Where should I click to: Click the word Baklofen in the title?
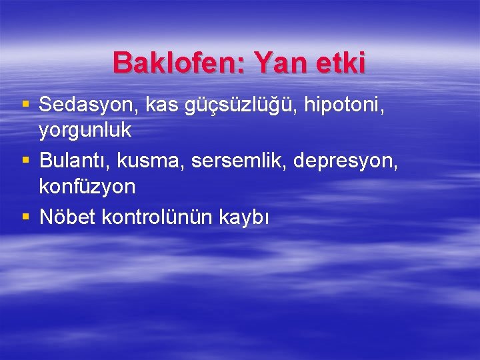pyautogui.click(x=171, y=63)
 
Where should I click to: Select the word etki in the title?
pyautogui.click(x=341, y=63)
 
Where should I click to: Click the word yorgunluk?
pyautogui.click(x=85, y=131)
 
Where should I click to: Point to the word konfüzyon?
pyautogui.click(x=87, y=187)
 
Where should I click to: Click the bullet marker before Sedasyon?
pyautogui.click(x=26, y=105)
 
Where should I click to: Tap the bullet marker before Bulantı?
pyautogui.click(x=26, y=161)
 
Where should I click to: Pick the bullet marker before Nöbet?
pyautogui.click(x=26, y=217)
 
